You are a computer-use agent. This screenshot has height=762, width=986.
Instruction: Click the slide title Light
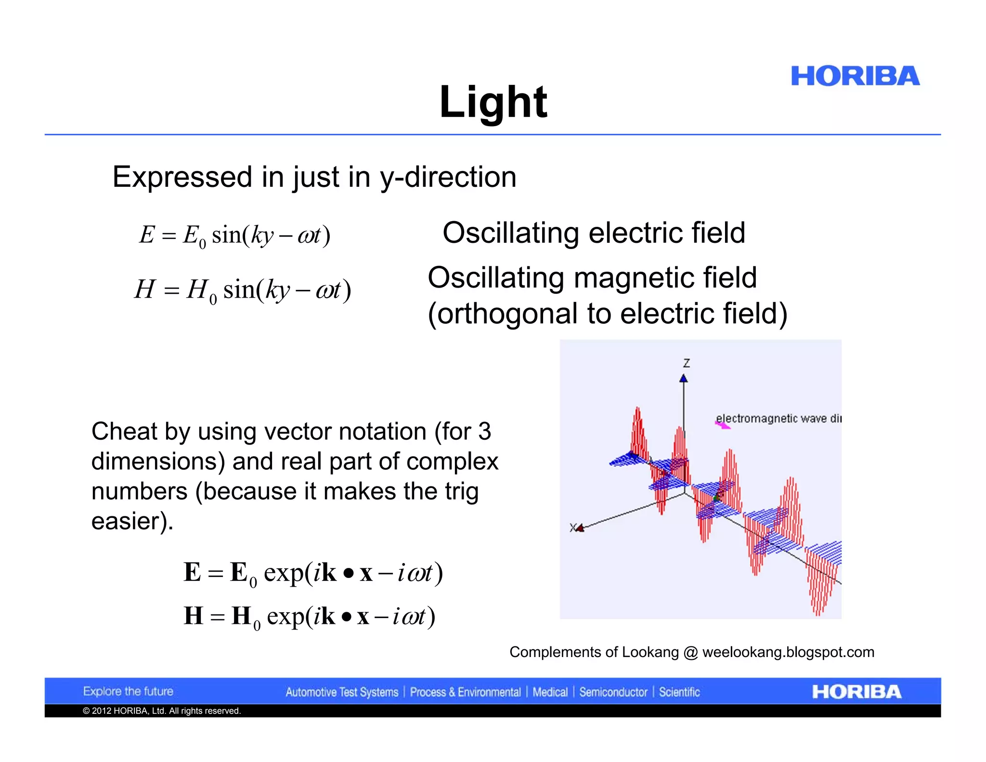493,102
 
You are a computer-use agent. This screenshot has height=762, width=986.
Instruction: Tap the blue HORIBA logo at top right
855,77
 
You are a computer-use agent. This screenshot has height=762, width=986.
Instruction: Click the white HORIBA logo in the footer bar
856,692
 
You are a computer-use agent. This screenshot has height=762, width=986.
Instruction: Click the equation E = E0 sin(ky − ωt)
235,236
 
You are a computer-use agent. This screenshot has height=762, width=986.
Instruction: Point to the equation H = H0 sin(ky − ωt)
243,290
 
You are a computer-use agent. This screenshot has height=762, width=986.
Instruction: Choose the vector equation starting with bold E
313,573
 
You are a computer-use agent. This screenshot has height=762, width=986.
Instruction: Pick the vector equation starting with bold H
310,617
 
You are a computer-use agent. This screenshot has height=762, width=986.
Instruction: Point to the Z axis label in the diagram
687,363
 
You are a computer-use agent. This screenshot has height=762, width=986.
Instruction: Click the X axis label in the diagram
573,528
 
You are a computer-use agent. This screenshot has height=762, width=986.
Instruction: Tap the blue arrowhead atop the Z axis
684,379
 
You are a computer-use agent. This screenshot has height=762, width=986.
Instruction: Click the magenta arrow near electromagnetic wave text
722,425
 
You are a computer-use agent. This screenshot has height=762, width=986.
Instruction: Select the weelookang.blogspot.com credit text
788,652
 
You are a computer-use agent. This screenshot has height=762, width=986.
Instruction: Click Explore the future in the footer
128,692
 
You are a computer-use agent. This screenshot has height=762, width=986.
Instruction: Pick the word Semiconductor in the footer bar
613,692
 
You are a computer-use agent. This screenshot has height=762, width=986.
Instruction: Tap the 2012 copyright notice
162,711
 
